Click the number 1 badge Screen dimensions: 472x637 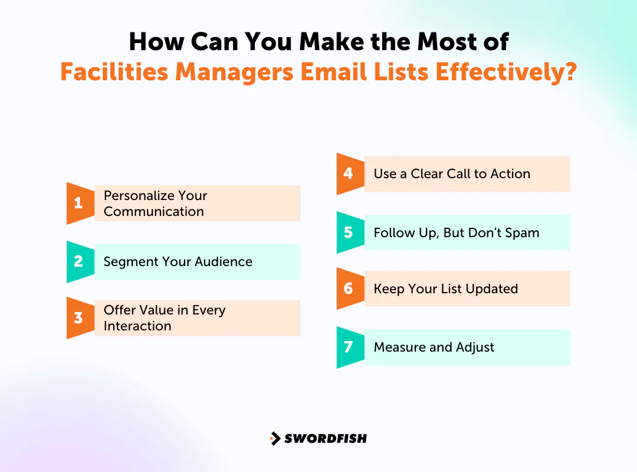[x=78, y=204]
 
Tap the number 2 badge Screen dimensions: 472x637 [x=78, y=261]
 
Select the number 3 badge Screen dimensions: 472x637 [x=78, y=318]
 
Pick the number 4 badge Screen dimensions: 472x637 [x=349, y=173]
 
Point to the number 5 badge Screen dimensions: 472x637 [x=349, y=232]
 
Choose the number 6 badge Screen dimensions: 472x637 [x=349, y=289]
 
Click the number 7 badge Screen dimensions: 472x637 [x=349, y=347]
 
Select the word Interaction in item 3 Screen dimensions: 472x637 [x=137, y=326]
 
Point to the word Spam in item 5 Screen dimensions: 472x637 [x=521, y=232]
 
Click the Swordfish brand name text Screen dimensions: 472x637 [x=325, y=438]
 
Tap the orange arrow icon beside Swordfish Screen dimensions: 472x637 [x=275, y=438]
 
